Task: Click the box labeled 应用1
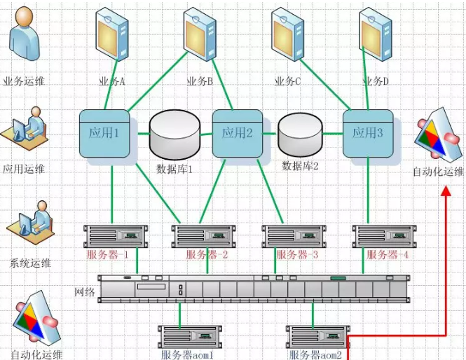(104, 133)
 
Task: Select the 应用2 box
(238, 133)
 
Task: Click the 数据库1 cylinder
(174, 136)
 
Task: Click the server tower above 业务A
(112, 35)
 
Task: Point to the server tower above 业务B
(200, 35)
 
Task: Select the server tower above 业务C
(288, 35)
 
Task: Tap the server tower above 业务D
(376, 35)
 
